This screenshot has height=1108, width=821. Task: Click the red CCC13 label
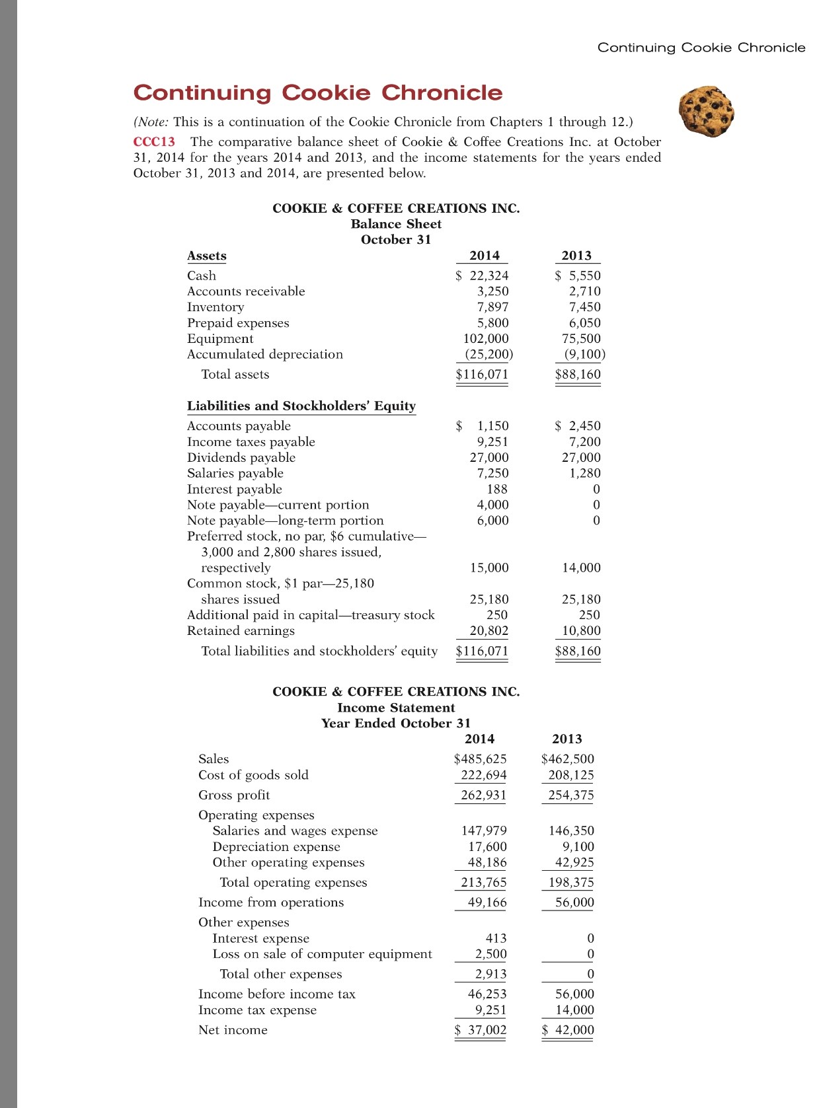154,142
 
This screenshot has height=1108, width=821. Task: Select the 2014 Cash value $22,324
483,276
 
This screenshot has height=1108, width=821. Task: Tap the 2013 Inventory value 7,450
584,307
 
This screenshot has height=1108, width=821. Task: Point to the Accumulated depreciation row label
264,355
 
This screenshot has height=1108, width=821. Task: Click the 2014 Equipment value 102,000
486,339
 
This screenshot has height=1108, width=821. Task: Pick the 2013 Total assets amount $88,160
578,375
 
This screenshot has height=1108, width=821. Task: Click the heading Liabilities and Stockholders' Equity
301,406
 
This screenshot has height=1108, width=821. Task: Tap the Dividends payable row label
241,458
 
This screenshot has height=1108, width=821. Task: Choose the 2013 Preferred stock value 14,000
581,568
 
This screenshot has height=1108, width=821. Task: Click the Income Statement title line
396,708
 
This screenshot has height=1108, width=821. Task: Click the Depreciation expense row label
276,847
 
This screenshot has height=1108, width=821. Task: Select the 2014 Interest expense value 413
496,939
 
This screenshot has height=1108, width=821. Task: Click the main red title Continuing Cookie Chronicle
318,93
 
